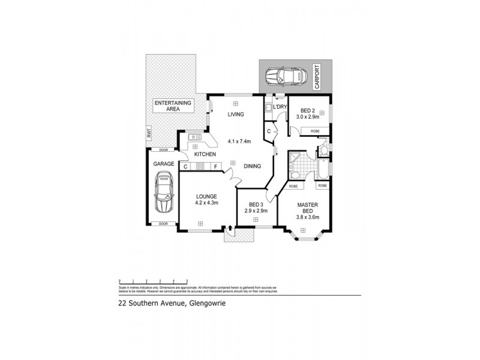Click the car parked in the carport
[x=286, y=77]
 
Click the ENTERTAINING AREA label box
[x=173, y=107]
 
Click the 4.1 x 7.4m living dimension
[x=238, y=142]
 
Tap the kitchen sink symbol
[x=195, y=138]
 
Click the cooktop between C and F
[x=200, y=166]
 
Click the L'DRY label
[x=280, y=107]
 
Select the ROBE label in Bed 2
[x=314, y=130]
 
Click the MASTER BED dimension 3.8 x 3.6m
[x=308, y=217]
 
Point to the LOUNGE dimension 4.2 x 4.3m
[x=205, y=203]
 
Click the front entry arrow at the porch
[x=230, y=229]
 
